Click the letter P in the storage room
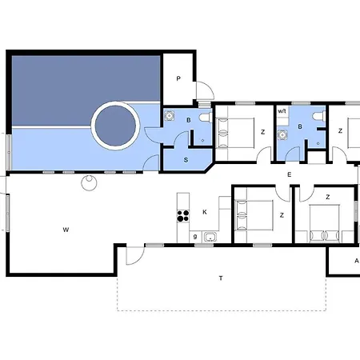tap(178, 78)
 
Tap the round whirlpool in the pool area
tap(115, 126)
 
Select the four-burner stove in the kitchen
tap(183, 216)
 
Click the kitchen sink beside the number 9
tap(210, 237)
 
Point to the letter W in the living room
tap(66, 230)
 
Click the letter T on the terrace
tap(221, 278)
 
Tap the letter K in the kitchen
tap(205, 212)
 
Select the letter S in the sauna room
tap(186, 160)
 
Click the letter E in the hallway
tap(289, 175)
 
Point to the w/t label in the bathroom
tap(282, 111)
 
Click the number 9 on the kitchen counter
tap(195, 237)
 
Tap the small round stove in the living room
tap(89, 182)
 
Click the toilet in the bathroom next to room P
tap(206, 118)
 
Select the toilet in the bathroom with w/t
tap(319, 116)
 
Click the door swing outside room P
tap(206, 90)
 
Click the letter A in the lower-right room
tap(357, 261)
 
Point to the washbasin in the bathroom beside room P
tap(169, 115)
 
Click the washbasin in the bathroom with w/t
tap(282, 135)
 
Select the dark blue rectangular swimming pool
tap(86, 90)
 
